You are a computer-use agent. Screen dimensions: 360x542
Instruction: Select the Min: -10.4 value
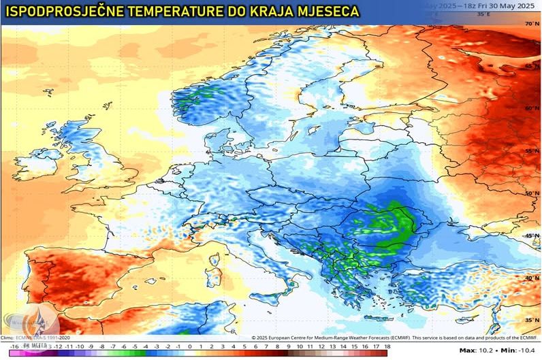[x=518, y=350]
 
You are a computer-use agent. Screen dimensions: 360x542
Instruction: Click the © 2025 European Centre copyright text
[x=306, y=337]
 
